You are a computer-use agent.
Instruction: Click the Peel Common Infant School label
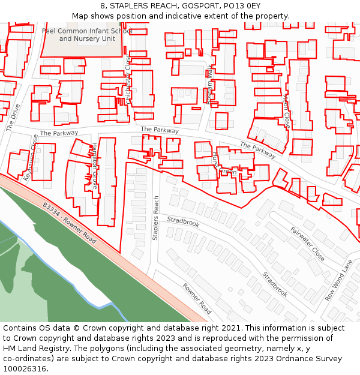pos(87,31)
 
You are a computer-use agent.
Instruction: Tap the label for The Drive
pos(13,117)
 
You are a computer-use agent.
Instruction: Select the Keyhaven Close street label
pos(31,157)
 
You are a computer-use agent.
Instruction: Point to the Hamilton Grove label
pos(94,166)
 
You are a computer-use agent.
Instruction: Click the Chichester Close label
pos(127,78)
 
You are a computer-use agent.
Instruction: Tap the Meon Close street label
pos(286,111)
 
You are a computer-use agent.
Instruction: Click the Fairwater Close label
pos(307,244)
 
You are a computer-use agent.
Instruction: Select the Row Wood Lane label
pos(339,280)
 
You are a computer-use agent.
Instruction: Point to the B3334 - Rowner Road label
pos(70,223)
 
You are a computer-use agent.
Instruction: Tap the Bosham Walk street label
pos(210,84)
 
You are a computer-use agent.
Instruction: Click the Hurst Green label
pos(221,167)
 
